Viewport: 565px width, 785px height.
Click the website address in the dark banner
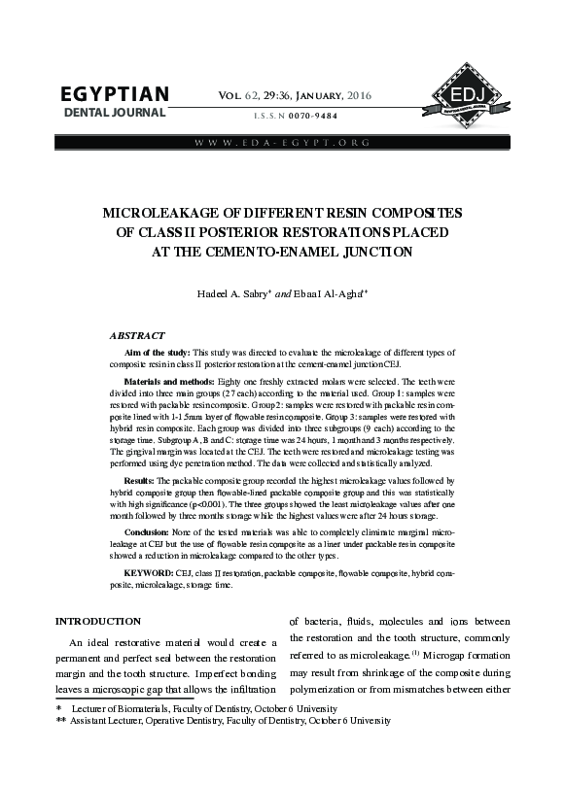coord(282,143)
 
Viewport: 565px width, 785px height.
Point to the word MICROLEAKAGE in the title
coord(160,212)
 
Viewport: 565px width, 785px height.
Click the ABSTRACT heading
coord(137,334)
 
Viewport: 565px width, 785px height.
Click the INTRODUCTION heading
coord(97,620)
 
